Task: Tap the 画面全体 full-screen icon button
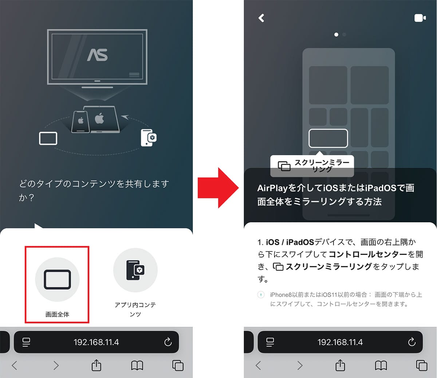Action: click(57, 279)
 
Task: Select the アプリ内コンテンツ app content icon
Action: click(135, 270)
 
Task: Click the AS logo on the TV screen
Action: click(98, 55)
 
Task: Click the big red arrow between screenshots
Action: click(218, 188)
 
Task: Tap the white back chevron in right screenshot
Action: click(261, 18)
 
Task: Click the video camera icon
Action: click(420, 18)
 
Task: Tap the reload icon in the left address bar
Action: click(168, 342)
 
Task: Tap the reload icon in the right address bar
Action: click(412, 342)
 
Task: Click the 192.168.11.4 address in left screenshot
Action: click(96, 342)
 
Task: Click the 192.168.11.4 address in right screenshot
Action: click(340, 342)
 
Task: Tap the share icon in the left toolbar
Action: click(97, 365)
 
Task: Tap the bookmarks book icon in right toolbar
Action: click(381, 366)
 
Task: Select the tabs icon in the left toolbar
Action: click(178, 365)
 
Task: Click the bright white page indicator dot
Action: click(336, 35)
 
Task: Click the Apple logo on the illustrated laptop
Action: click(99, 118)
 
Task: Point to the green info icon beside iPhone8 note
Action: click(261, 295)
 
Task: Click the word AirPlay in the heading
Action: click(272, 188)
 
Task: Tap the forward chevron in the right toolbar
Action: click(300, 366)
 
